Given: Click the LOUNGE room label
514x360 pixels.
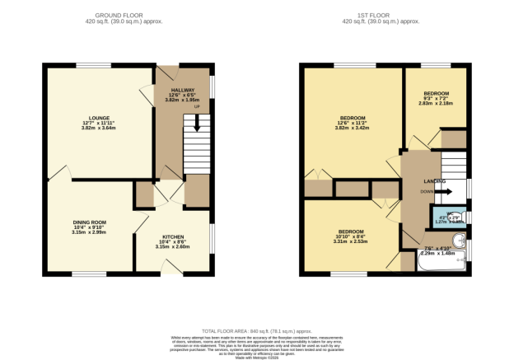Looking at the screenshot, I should [x=100, y=118].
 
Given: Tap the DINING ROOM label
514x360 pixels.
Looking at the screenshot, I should [x=89, y=222].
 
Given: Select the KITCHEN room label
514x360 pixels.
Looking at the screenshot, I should [x=172, y=236].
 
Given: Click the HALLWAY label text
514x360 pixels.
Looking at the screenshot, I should [x=182, y=90].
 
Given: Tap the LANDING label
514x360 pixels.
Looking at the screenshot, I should [x=435, y=180].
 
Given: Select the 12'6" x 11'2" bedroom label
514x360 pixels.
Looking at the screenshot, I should [x=353, y=118].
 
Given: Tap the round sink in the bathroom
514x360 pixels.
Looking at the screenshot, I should [x=460, y=242].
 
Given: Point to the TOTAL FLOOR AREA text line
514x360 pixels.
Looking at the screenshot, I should [x=256, y=330].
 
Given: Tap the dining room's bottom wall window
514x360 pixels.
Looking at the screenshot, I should [x=89, y=274].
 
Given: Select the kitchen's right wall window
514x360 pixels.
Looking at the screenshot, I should [x=213, y=240].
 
